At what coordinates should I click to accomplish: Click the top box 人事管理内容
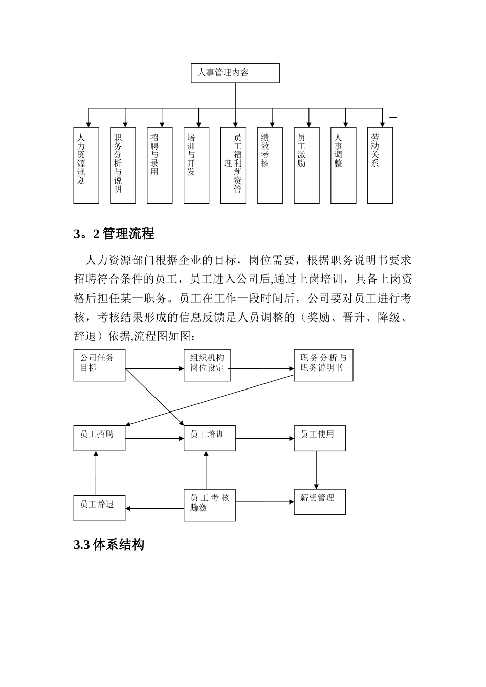pyautogui.click(x=235, y=73)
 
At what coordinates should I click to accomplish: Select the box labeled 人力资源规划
pyautogui.click(x=86, y=166)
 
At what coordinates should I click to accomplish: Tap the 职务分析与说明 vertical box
pyautogui.click(x=123, y=166)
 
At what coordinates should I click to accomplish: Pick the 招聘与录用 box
pyautogui.click(x=160, y=166)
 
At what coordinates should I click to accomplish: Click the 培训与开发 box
pyautogui.click(x=196, y=166)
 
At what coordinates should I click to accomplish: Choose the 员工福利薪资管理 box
pyautogui.click(x=233, y=166)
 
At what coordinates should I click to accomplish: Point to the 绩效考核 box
pyautogui.click(x=270, y=166)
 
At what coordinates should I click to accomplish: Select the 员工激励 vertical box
pyautogui.click(x=306, y=166)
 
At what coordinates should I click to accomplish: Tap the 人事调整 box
pyautogui.click(x=343, y=166)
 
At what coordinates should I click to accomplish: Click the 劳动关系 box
pyautogui.click(x=380, y=166)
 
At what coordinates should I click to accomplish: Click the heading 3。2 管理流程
pyautogui.click(x=114, y=234)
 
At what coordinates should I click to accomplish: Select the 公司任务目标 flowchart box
pyautogui.click(x=99, y=365)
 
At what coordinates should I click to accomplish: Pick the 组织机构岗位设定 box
pyautogui.click(x=207, y=365)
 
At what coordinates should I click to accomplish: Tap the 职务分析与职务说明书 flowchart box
pyautogui.click(x=323, y=365)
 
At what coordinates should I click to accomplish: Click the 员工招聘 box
pyautogui.click(x=99, y=438)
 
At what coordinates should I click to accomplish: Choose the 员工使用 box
pyautogui.click(x=320, y=438)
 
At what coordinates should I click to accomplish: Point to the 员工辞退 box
pyautogui.click(x=99, y=508)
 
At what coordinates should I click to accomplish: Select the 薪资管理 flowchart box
pyautogui.click(x=320, y=501)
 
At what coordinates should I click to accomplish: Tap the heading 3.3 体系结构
pyautogui.click(x=109, y=545)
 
